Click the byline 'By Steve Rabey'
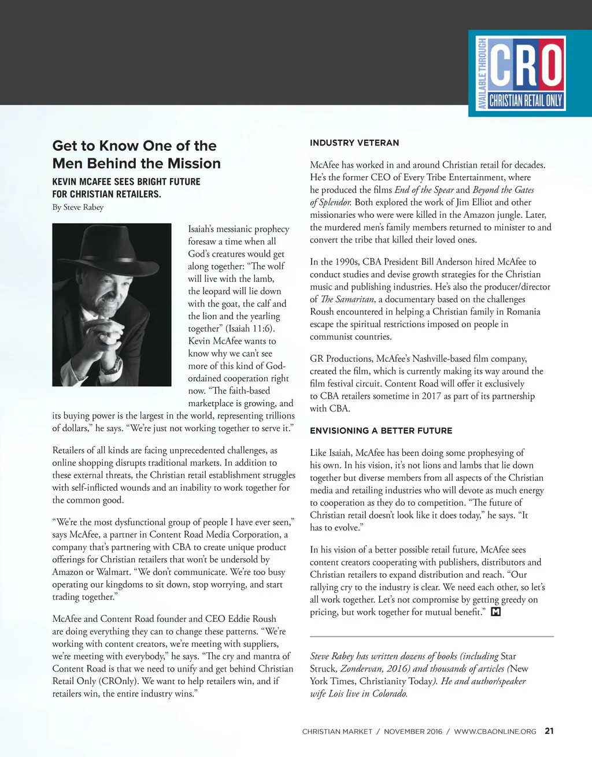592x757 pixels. [78, 207]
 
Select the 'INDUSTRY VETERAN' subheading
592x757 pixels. [354, 143]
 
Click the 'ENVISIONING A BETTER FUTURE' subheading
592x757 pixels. [381, 431]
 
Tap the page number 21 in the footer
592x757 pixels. [549, 731]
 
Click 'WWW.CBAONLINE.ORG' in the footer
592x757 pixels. [495, 732]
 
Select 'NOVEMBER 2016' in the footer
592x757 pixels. [413, 732]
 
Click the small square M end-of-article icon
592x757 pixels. [495, 612]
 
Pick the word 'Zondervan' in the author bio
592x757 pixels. [361, 669]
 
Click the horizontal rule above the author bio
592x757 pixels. [431, 636]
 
